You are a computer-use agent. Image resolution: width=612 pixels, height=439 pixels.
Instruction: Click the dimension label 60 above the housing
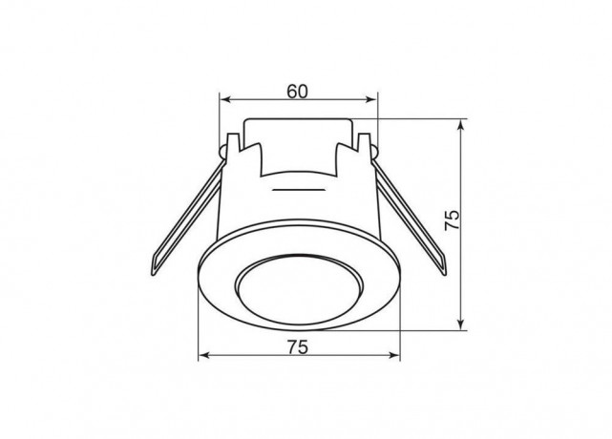(298, 92)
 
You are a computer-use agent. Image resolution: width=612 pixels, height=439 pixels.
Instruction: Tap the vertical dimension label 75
(453, 220)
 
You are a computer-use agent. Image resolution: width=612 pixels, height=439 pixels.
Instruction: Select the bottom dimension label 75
(298, 347)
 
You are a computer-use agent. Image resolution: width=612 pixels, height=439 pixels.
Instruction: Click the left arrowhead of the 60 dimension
(224, 100)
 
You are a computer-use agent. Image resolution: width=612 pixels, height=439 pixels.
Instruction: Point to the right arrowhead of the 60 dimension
(372, 100)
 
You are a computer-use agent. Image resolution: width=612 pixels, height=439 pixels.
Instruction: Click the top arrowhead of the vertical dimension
(461, 124)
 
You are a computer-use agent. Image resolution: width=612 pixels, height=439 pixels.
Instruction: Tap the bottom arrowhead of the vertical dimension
(461, 324)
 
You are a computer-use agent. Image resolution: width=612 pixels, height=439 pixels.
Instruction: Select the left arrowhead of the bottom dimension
(203, 355)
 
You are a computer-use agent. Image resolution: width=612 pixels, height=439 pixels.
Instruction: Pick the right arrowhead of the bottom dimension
(394, 355)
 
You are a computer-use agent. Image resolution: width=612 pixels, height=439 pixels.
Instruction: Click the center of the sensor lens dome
(300, 289)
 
